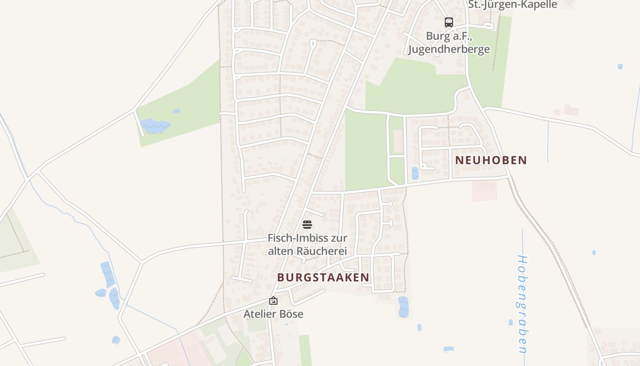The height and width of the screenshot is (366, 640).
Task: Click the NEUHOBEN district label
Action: (491, 160)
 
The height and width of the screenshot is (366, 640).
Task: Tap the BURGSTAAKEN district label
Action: (323, 277)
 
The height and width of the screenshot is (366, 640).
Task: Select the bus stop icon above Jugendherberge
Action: (449, 22)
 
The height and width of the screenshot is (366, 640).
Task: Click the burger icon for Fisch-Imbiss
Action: (307, 224)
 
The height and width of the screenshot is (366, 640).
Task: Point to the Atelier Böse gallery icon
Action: (273, 301)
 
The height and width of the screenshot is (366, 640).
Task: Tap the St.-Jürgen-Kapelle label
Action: (512, 5)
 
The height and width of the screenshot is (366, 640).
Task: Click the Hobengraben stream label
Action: (522, 304)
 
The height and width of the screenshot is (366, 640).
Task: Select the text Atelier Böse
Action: (273, 314)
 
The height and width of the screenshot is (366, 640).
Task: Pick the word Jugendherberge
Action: (449, 49)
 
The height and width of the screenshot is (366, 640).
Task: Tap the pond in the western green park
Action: (155, 125)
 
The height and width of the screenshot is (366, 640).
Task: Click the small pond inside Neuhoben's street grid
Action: (415, 173)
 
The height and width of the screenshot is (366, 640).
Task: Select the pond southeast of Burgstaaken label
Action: (403, 307)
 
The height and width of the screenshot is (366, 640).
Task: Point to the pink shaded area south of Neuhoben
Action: (484, 190)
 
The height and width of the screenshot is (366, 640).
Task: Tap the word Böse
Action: (292, 314)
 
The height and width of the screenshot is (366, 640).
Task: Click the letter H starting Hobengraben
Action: (523, 260)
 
